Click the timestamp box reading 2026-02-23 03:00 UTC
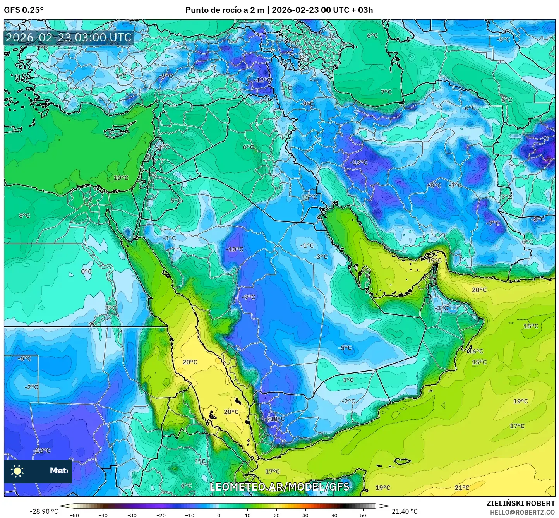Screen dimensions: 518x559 click(69, 38)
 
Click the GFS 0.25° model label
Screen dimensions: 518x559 click(24, 10)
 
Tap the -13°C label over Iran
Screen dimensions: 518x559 click(359, 162)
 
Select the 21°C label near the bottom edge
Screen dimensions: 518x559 click(462, 487)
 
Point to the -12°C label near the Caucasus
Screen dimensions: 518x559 click(263, 80)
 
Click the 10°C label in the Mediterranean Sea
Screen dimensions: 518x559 click(121, 178)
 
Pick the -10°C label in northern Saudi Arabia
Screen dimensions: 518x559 click(235, 249)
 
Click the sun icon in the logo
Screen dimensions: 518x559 click(17, 471)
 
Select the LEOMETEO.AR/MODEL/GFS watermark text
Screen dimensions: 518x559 click(279, 487)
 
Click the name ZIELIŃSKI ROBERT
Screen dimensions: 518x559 click(521, 503)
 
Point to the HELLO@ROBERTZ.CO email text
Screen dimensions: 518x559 click(522, 512)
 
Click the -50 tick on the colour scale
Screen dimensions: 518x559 click(74, 515)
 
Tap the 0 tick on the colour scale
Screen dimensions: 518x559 click(219, 515)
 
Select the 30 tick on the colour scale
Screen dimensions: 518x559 click(305, 515)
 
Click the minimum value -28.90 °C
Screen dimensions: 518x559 click(44, 511)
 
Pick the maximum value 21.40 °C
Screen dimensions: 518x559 click(405, 511)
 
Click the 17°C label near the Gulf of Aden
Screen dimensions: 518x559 click(273, 472)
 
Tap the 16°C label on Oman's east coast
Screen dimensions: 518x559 click(476, 352)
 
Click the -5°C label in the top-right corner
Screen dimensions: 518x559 click(503, 39)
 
